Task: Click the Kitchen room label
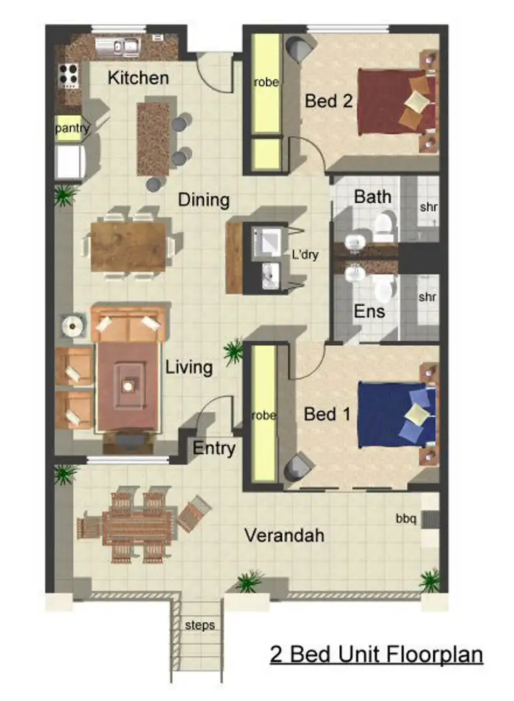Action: click(x=138, y=78)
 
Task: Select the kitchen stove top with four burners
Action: click(x=69, y=75)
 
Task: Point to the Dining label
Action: click(x=204, y=200)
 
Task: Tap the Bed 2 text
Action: click(x=328, y=101)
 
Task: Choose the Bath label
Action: click(x=373, y=197)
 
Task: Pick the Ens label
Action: click(x=369, y=311)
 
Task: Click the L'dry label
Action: click(x=305, y=253)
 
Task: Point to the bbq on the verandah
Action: click(x=406, y=519)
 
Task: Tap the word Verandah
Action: click(x=284, y=535)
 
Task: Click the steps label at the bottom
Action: click(x=199, y=625)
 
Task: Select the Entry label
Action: click(x=214, y=448)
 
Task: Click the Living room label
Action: click(x=188, y=367)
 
